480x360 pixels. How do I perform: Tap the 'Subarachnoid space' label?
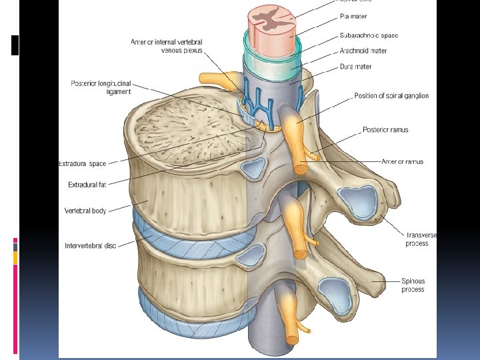(x=369, y=35)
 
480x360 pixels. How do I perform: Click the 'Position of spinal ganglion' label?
(x=391, y=96)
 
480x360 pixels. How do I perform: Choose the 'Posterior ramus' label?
(x=385, y=129)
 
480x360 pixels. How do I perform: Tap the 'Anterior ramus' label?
(x=402, y=161)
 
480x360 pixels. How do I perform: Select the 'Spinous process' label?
(x=413, y=285)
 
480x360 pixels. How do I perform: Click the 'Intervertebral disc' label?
(x=91, y=245)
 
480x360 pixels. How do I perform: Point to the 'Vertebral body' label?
(x=85, y=211)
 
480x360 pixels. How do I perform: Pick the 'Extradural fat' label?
(x=87, y=185)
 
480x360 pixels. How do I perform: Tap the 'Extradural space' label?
(x=83, y=163)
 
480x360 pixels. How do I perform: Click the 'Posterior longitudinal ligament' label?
(x=101, y=87)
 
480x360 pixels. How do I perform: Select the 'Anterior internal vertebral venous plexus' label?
(x=167, y=46)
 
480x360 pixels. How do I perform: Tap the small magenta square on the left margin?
(x=15, y=240)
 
